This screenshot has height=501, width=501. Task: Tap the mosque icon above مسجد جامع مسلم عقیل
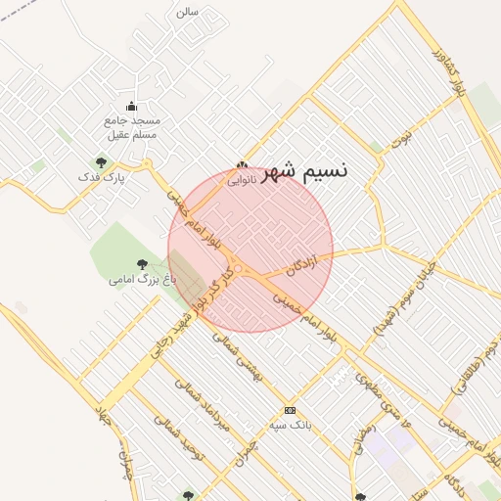[131, 107]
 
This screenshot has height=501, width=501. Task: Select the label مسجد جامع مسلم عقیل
[131, 127]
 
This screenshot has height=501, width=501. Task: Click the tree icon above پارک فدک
[101, 162]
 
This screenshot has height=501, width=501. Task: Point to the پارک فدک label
[102, 178]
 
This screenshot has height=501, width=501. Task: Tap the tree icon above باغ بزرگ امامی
[144, 263]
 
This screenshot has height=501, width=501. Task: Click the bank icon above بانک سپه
[289, 410]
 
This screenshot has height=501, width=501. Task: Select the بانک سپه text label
[290, 427]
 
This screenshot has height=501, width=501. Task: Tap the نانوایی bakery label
[243, 180]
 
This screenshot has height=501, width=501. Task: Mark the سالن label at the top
[187, 12]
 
